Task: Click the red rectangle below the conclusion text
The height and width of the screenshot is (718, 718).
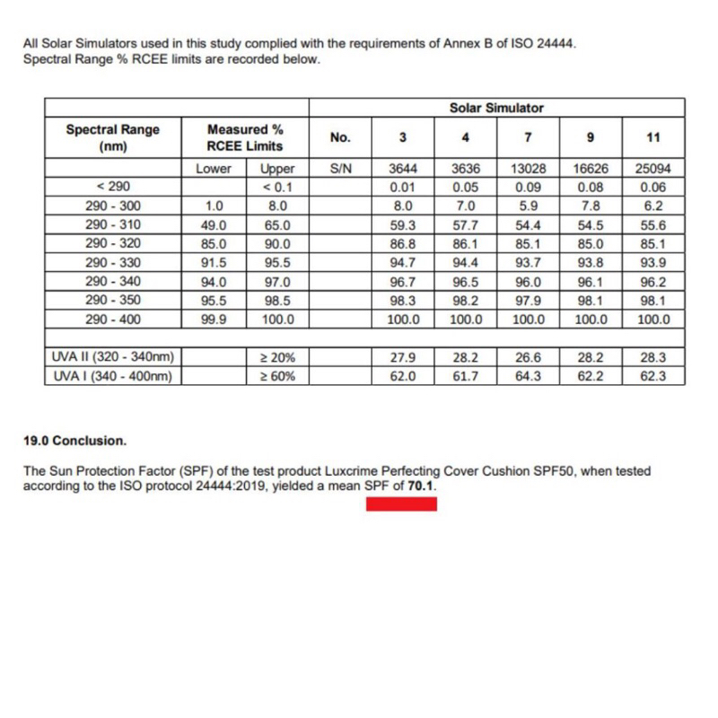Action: point(400,503)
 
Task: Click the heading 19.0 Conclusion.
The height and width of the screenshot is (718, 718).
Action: point(75,442)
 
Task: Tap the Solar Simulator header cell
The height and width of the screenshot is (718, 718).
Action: point(495,108)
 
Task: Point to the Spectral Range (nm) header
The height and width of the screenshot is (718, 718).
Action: point(112,137)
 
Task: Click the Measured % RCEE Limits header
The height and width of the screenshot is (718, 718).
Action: point(245,137)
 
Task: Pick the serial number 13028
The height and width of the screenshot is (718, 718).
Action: point(529,169)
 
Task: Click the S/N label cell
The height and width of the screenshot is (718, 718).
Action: point(340,169)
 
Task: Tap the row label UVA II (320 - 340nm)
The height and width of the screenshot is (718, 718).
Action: point(112,359)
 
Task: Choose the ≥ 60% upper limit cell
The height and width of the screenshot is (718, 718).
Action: point(277,377)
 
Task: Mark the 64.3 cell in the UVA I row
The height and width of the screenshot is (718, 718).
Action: point(529,377)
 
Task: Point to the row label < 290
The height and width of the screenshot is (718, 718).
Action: point(112,188)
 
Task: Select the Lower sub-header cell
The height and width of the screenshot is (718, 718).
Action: point(213,169)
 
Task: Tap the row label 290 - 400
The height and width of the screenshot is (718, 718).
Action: point(112,320)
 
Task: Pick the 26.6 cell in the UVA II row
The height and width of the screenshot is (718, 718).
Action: point(529,359)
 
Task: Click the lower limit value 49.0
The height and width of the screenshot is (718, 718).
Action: point(213,225)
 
